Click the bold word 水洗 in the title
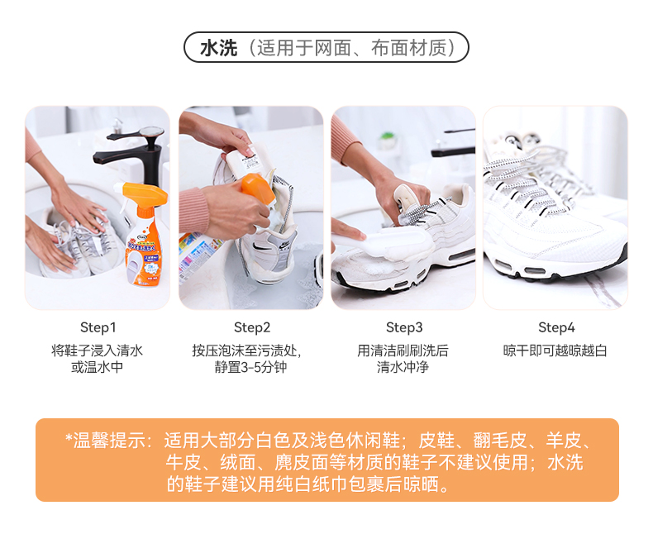(x=219, y=48)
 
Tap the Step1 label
(x=98, y=327)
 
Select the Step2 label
(x=252, y=327)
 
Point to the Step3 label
(x=404, y=327)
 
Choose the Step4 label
(x=556, y=327)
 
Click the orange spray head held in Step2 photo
(x=257, y=189)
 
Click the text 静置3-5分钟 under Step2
(x=250, y=367)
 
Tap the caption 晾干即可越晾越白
(x=555, y=350)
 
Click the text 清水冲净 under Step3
(x=403, y=367)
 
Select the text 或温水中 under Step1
(x=97, y=367)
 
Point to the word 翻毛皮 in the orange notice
(x=500, y=441)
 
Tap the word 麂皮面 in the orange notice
(x=302, y=462)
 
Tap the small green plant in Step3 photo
(x=388, y=136)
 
